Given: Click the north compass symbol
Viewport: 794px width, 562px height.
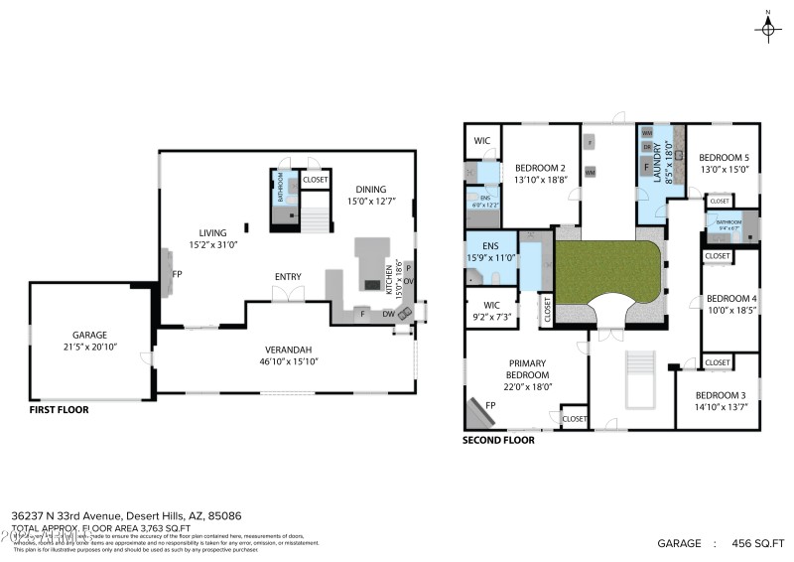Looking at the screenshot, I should click(x=766, y=29).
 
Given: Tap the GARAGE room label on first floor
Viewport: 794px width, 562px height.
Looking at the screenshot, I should click(x=89, y=336).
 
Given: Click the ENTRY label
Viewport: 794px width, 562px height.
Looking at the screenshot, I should click(x=288, y=277).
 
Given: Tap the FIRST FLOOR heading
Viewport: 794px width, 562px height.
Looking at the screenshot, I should click(x=59, y=409).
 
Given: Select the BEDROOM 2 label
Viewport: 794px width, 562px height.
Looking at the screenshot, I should click(x=541, y=168).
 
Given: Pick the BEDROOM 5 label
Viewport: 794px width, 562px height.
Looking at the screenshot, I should click(x=724, y=158).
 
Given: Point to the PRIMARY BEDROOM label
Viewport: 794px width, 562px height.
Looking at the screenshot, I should click(x=528, y=369).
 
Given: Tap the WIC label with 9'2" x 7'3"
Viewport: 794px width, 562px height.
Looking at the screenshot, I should click(x=490, y=305).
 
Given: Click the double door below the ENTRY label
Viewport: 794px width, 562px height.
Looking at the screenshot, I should click(x=288, y=295).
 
